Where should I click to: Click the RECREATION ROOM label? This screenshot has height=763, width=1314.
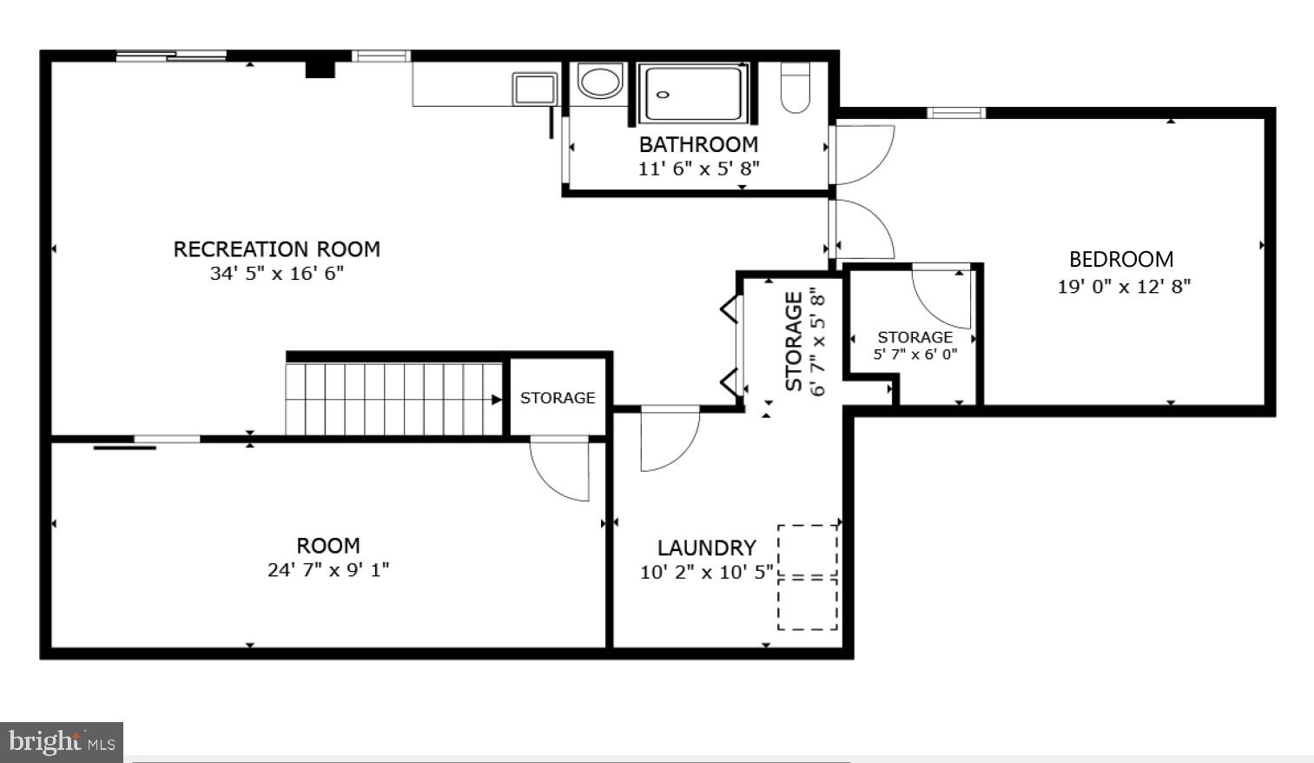click(276, 249)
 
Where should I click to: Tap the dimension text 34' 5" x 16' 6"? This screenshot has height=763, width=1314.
click(276, 274)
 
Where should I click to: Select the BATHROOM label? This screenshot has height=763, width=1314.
click(698, 144)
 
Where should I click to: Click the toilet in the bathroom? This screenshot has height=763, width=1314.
click(795, 87)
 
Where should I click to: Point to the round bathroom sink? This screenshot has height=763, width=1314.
click(600, 83)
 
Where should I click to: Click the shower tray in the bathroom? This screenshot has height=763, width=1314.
click(693, 93)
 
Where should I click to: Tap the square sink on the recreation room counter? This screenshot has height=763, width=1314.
click(534, 89)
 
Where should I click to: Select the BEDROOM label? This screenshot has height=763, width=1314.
click(1120, 260)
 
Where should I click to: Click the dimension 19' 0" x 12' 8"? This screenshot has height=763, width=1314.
click(1123, 286)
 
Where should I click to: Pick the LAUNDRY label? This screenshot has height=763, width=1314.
click(706, 548)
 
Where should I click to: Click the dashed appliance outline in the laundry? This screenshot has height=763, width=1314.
click(808, 577)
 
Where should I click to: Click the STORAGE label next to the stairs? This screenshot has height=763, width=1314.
click(558, 398)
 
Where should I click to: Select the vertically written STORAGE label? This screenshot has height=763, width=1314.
click(794, 341)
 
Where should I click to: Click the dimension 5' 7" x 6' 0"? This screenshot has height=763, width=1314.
click(915, 355)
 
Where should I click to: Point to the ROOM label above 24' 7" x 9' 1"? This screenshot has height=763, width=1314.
click(327, 546)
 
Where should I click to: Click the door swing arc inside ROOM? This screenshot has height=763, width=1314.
click(560, 469)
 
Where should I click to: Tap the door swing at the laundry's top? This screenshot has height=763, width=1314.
click(669, 439)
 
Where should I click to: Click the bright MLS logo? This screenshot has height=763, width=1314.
click(61, 742)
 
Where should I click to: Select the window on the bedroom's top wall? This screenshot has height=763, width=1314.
click(955, 112)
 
